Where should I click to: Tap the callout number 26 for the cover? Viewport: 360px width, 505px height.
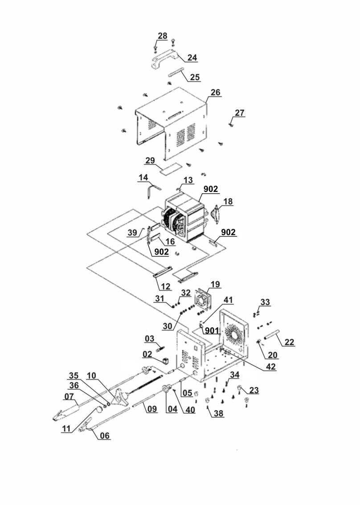[215, 92]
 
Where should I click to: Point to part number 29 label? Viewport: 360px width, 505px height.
[150, 160]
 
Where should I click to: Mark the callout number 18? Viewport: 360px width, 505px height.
[228, 201]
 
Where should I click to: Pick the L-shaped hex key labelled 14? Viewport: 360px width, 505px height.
[153, 189]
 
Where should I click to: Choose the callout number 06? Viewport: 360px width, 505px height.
[105, 436]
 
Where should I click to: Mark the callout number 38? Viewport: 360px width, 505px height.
[219, 413]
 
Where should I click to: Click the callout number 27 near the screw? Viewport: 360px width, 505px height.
[239, 113]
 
